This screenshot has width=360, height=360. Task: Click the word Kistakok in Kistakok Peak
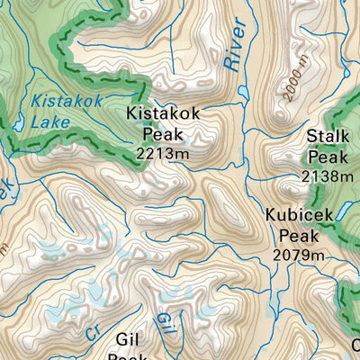[163, 115]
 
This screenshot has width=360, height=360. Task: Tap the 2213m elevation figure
[163, 154]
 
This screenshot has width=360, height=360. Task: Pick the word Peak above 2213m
[163, 135]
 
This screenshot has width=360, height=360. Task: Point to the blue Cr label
[94, 332]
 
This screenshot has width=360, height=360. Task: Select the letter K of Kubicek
[271, 216]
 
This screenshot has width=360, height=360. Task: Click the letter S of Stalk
[310, 137]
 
